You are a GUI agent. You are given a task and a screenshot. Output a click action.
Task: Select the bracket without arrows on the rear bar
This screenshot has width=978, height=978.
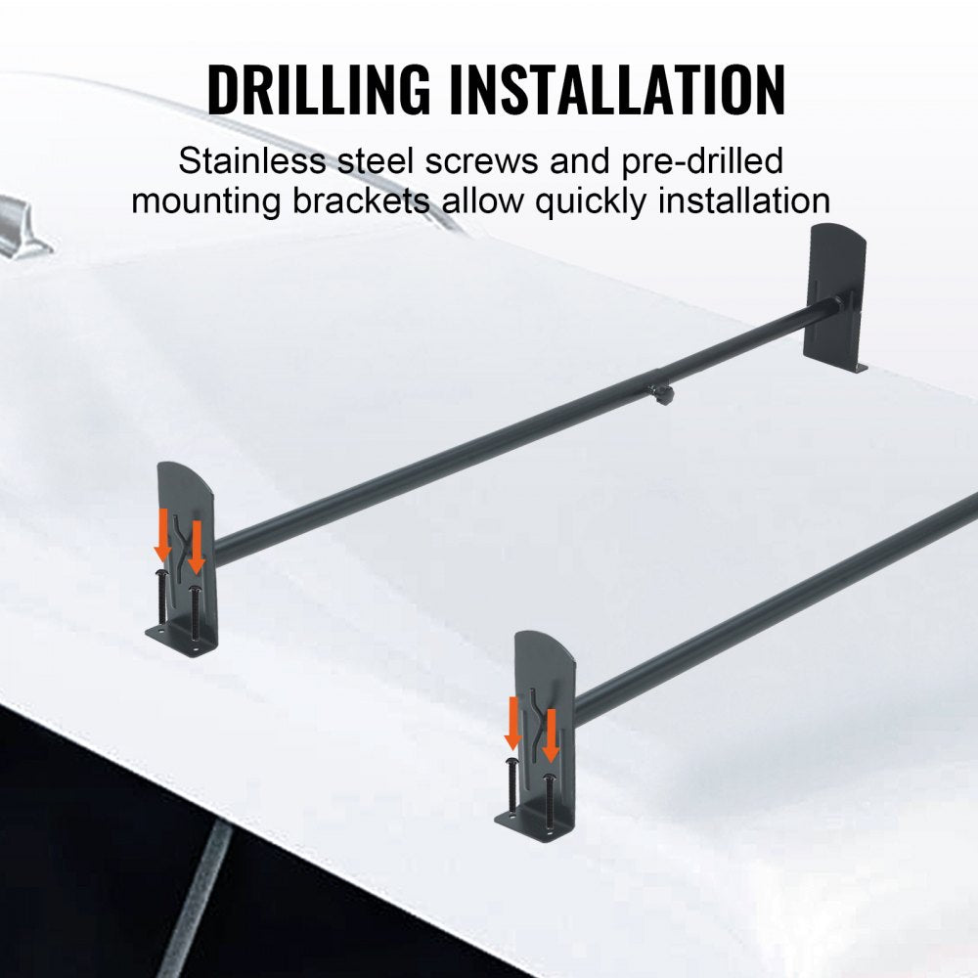835,293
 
